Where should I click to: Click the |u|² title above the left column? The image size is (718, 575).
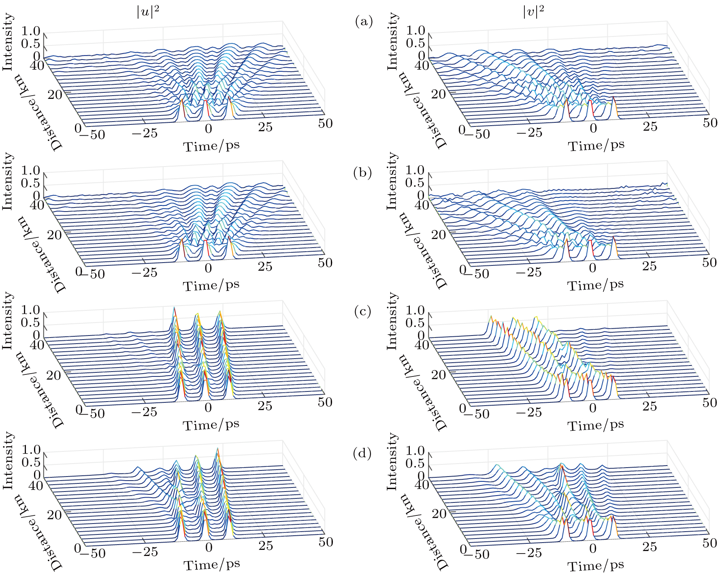pyautogui.click(x=147, y=13)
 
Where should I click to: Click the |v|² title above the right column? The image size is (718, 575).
pyautogui.click(x=533, y=13)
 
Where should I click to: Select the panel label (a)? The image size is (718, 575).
pyautogui.click(x=364, y=21)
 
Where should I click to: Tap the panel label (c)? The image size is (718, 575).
pyautogui.click(x=362, y=312)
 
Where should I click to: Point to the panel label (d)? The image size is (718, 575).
pyautogui.click(x=362, y=453)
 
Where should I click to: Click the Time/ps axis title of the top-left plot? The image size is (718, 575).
pyautogui.click(x=211, y=146)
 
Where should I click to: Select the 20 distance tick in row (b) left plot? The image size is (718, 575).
pyautogui.click(x=54, y=235)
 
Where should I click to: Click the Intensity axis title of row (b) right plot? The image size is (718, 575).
pyautogui.click(x=391, y=181)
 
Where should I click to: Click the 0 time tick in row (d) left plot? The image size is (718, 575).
pyautogui.click(x=209, y=547)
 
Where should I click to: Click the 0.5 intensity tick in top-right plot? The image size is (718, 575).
pyautogui.click(x=415, y=43)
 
